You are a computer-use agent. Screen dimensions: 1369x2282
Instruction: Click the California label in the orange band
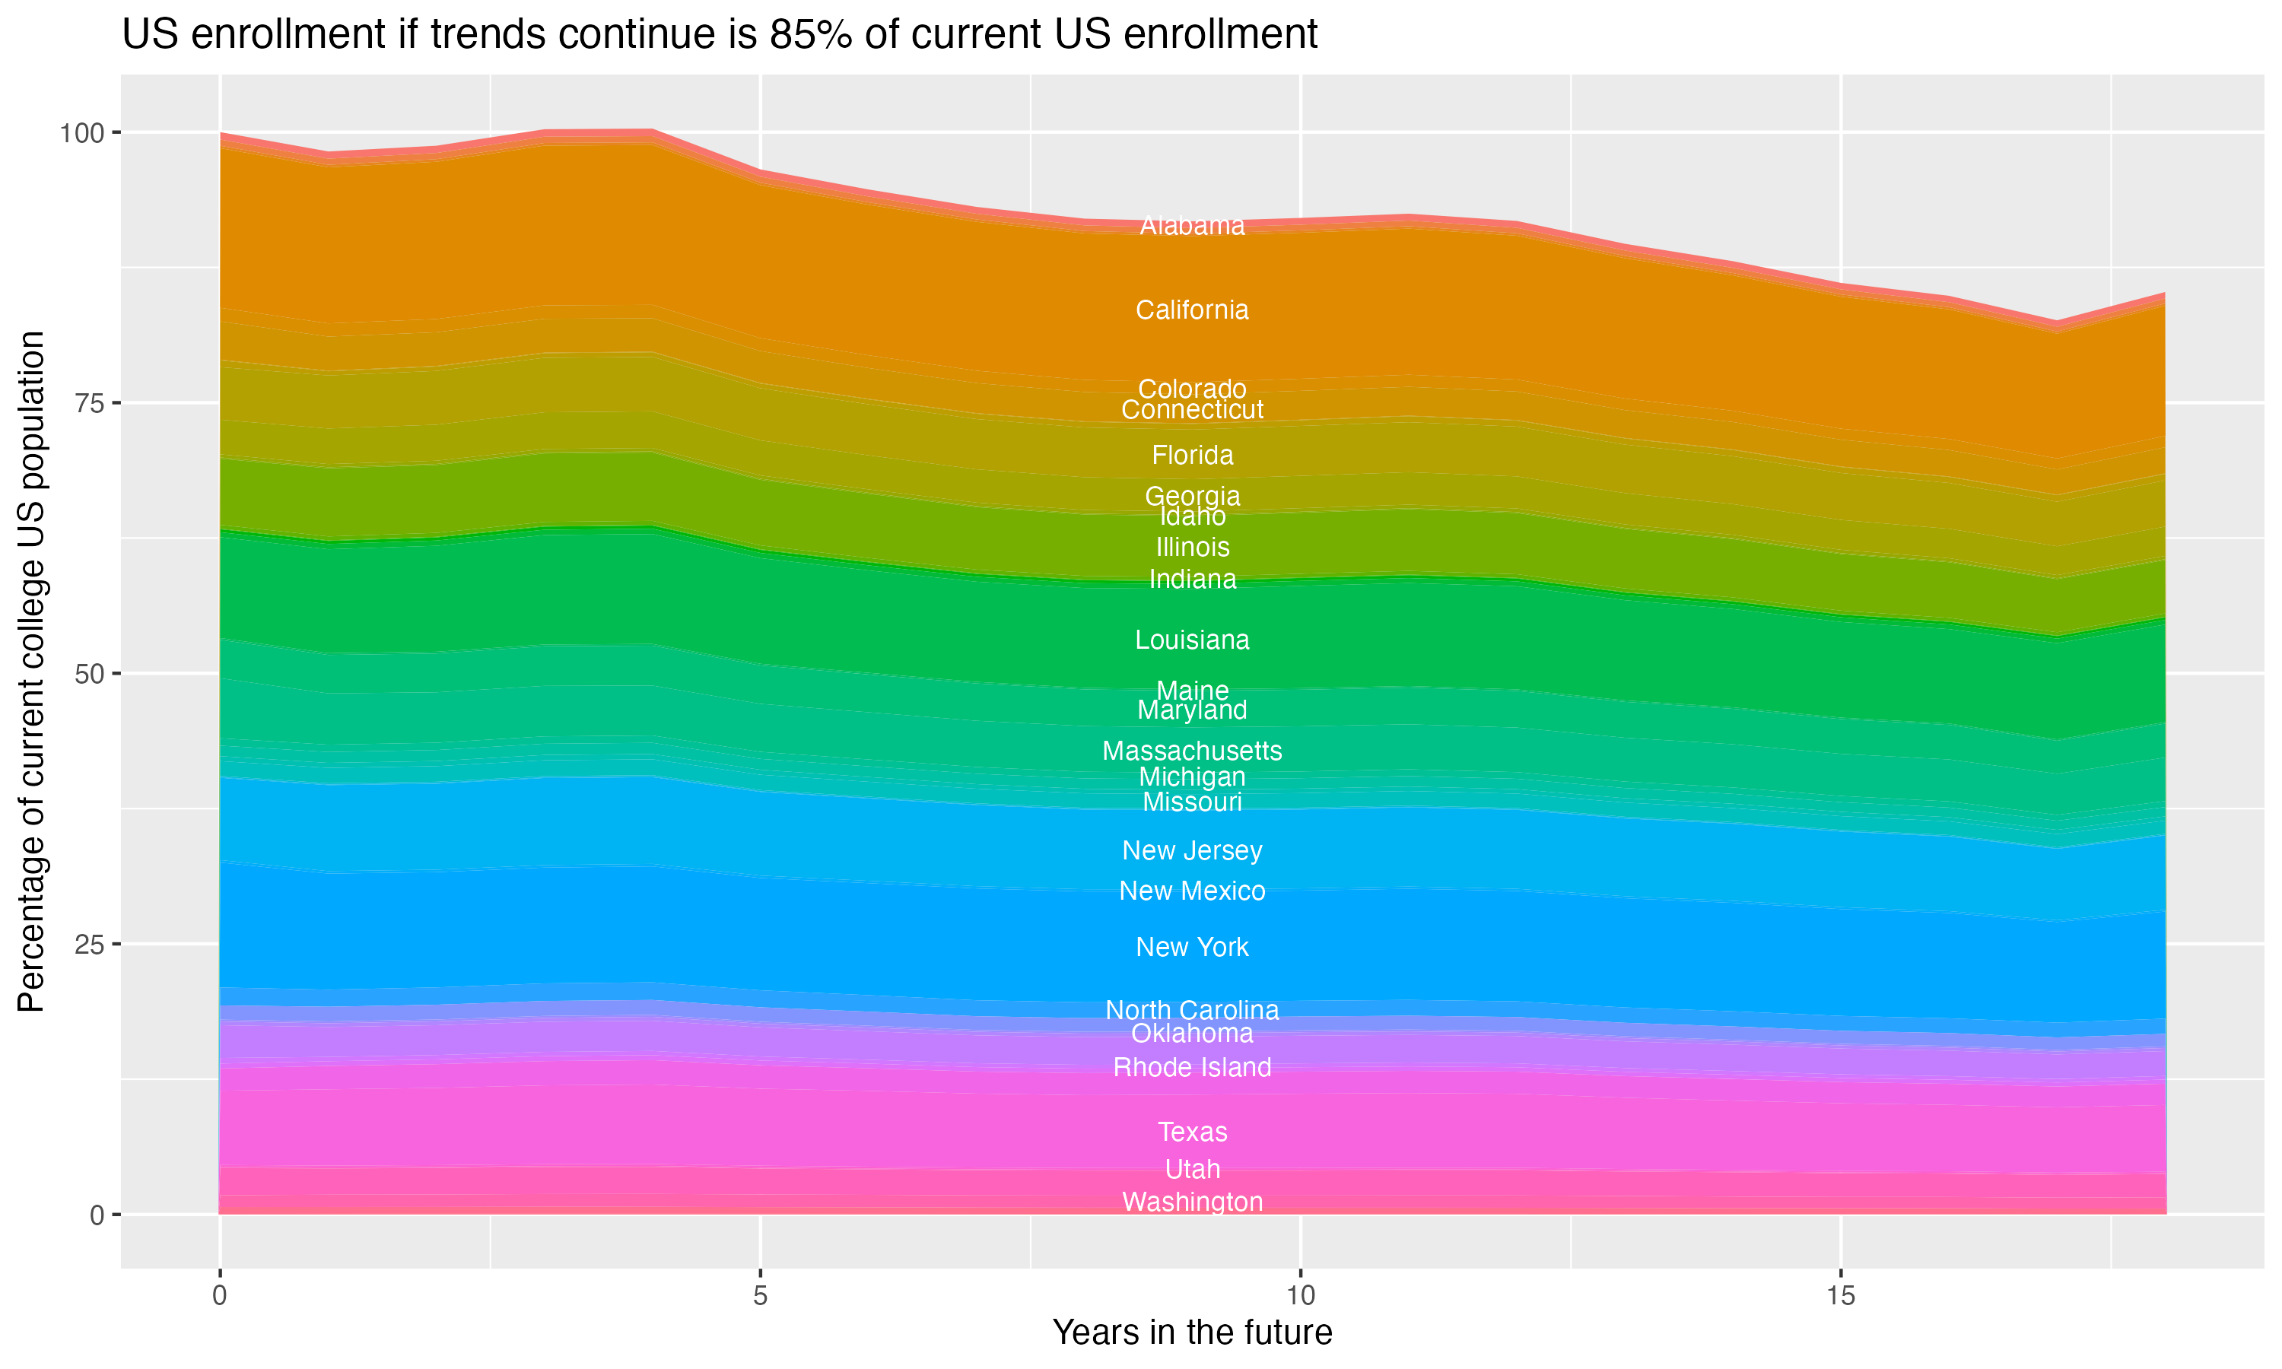coord(1192,310)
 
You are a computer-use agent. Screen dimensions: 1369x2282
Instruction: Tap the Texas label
coord(1192,1132)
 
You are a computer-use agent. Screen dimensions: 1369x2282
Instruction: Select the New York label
coord(1192,948)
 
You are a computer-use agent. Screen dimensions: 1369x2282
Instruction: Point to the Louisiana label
coord(1192,640)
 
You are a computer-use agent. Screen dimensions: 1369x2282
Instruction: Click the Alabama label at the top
coord(1192,226)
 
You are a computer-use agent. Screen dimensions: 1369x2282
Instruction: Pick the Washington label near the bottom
coord(1192,1202)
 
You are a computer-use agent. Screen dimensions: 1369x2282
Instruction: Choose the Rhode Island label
coord(1192,1067)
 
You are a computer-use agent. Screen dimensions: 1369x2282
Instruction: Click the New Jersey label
coord(1192,850)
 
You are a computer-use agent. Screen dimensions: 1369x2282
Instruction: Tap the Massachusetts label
coord(1192,751)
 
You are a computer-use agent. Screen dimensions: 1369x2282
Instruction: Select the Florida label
coord(1192,456)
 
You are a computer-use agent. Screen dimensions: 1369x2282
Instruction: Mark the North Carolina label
coord(1192,1010)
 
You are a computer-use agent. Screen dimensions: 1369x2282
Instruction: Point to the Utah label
coord(1192,1170)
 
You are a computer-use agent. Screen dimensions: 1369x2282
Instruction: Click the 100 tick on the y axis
coord(81,133)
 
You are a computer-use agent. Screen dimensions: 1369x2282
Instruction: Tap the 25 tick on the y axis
coord(88,945)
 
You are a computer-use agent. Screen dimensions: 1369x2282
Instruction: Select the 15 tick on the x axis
coord(1840,1296)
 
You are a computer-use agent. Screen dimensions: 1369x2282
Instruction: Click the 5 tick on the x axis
coord(760,1296)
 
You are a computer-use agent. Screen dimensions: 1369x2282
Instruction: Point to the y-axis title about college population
coord(32,672)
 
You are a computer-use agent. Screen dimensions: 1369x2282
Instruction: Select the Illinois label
coord(1192,547)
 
